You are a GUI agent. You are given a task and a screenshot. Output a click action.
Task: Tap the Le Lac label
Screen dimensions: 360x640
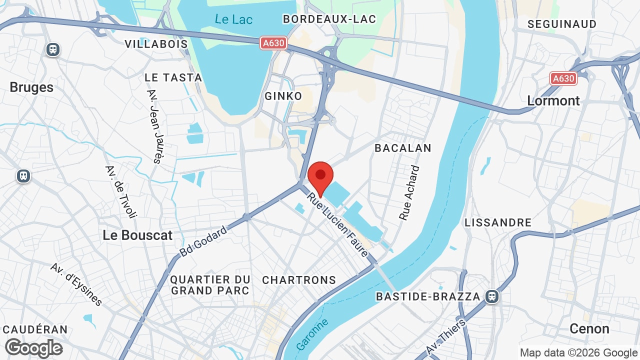pos(233,19)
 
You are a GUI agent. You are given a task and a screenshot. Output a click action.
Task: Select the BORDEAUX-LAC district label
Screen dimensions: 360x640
pos(329,19)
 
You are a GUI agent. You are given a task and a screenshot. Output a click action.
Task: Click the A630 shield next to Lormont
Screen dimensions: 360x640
pos(563,78)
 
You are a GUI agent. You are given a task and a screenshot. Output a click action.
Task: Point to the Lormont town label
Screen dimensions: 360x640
pos(553,100)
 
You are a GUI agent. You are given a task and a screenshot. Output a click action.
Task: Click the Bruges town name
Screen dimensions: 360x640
pos(31,87)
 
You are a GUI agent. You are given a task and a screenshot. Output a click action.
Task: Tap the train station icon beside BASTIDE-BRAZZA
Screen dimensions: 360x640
pos(492,296)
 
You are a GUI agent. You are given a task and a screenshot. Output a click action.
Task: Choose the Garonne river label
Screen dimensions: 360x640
pos(312,334)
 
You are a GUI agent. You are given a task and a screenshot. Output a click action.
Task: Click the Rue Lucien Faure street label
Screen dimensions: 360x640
pos(338,225)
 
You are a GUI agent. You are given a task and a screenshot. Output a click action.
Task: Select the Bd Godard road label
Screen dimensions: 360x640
pos(203,241)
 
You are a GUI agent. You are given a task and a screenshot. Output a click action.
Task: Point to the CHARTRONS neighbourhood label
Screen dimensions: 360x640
pos(299,280)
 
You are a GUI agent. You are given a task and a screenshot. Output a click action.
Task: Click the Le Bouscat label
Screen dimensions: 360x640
pos(137,235)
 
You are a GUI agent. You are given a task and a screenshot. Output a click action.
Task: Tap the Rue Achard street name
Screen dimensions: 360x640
pos(410,193)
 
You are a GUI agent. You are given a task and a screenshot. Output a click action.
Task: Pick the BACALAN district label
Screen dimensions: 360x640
pos(402,148)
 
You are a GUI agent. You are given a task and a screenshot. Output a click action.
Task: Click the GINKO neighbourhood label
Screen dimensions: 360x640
pos(283,96)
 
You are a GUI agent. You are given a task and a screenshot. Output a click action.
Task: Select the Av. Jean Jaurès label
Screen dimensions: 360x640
pos(154,126)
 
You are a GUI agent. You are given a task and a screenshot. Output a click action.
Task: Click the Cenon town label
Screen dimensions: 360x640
pos(589,328)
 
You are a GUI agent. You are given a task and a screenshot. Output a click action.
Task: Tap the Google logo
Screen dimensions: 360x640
pos(34,348)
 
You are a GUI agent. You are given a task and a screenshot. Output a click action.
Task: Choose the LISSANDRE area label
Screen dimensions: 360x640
pos(498,222)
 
